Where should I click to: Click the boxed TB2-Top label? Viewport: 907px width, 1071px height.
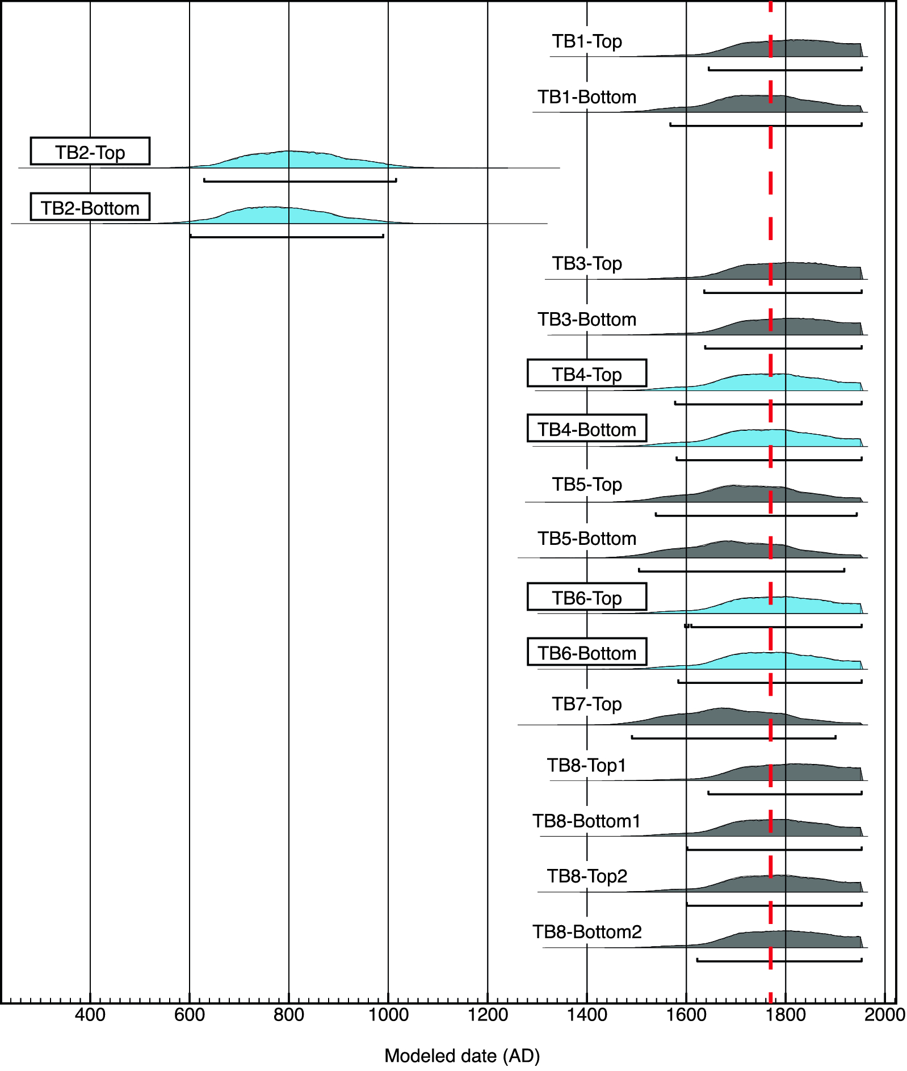point(90,152)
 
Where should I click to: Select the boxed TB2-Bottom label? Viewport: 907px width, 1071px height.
point(90,207)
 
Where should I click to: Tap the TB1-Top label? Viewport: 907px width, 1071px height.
point(587,41)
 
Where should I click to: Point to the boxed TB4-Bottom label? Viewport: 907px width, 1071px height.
point(587,429)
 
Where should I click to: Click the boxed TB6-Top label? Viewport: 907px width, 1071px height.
point(587,598)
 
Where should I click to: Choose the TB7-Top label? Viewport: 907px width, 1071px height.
point(587,704)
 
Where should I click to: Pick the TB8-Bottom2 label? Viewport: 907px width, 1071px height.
point(587,932)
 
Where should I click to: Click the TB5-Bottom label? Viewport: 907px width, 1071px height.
point(587,538)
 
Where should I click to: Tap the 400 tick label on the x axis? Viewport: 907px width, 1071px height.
point(90,1014)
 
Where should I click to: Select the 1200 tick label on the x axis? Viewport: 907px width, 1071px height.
point(488,1014)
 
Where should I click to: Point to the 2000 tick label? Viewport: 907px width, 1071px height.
point(884,1014)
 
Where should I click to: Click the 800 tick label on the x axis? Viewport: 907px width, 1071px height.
point(289,1014)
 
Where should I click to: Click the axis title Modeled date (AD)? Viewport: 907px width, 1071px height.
point(462,1056)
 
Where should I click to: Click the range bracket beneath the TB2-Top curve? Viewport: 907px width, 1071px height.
point(300,181)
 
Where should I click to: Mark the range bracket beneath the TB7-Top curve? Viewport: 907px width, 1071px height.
point(733,738)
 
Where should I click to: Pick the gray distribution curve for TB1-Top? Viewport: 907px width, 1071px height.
point(795,49)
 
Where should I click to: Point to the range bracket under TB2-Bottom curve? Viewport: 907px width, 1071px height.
point(287,237)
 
